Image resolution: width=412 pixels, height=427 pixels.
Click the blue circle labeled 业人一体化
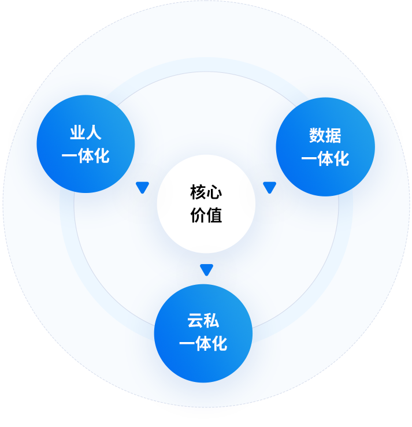click(x=86, y=144)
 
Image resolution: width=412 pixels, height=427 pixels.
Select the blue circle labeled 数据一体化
click(x=325, y=147)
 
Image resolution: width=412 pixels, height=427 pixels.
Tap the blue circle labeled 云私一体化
click(x=203, y=333)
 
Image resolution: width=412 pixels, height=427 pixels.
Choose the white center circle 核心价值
click(x=206, y=203)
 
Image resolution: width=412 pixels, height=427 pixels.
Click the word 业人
click(x=86, y=133)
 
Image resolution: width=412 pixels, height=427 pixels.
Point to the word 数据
click(x=325, y=136)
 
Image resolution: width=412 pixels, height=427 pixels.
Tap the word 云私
click(x=203, y=321)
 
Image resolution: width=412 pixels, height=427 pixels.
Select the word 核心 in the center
click(x=206, y=192)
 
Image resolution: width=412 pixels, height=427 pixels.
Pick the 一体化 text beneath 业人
click(x=86, y=156)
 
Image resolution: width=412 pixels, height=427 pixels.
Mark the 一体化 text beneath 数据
click(x=325, y=159)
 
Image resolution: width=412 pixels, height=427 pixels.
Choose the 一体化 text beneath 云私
click(x=203, y=344)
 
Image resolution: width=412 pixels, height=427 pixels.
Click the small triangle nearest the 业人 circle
click(x=142, y=187)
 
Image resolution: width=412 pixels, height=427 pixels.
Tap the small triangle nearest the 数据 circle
click(x=269, y=187)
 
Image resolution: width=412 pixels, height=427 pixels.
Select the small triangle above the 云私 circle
click(x=206, y=269)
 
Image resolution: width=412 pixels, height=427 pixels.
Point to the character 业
click(x=77, y=133)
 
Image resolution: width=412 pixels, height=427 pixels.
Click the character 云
click(x=195, y=321)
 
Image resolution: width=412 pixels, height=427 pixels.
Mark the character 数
click(x=317, y=136)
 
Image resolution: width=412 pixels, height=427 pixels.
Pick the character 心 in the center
click(x=214, y=192)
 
